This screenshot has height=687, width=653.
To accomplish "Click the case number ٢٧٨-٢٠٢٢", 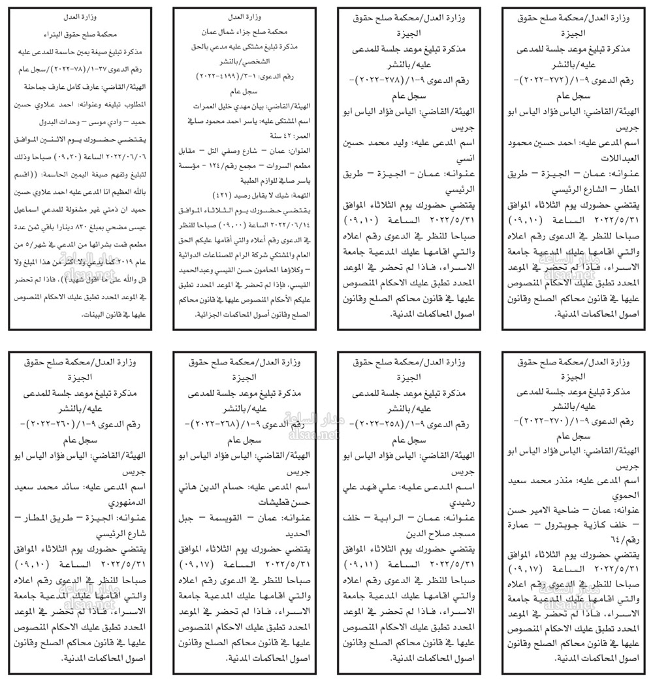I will [x=385, y=79].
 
